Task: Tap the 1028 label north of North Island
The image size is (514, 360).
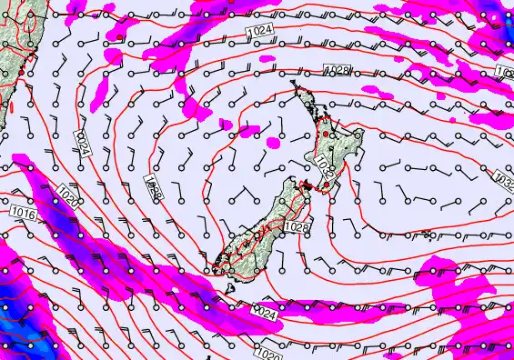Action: pyautogui.click(x=338, y=71)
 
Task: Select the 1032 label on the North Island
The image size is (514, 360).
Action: pyautogui.click(x=325, y=165)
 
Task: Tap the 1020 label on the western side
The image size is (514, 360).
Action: pyautogui.click(x=66, y=195)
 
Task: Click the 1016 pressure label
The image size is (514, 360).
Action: pyautogui.click(x=24, y=213)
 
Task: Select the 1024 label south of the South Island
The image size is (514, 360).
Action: pyautogui.click(x=263, y=313)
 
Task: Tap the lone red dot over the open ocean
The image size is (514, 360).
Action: pyautogui.click(x=119, y=37)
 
